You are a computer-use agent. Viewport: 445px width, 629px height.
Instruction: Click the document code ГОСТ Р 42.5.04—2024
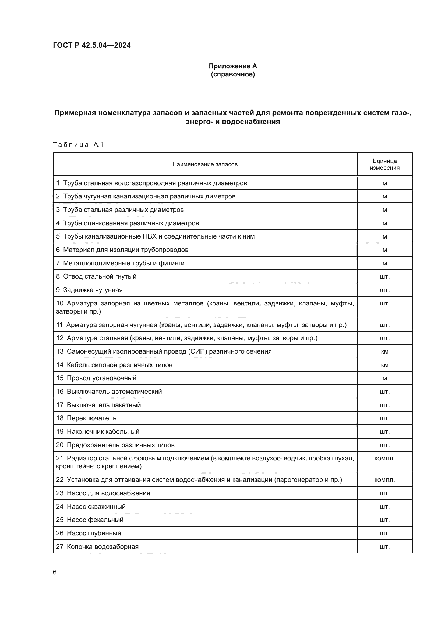click(x=91, y=45)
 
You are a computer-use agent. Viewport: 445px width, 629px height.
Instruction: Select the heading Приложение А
click(x=233, y=66)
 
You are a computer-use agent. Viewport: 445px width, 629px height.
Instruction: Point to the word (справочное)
click(x=233, y=74)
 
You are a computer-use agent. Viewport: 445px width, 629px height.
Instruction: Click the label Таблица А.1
click(x=78, y=145)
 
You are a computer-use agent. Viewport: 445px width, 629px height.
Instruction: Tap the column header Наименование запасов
click(x=205, y=164)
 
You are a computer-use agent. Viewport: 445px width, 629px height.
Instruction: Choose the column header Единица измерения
click(x=384, y=164)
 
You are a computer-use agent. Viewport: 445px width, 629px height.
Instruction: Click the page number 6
click(x=55, y=572)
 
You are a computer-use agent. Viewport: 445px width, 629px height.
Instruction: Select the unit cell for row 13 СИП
click(x=384, y=351)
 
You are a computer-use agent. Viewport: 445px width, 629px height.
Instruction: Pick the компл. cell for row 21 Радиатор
click(x=384, y=458)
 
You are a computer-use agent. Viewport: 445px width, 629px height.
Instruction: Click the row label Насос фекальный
click(x=95, y=520)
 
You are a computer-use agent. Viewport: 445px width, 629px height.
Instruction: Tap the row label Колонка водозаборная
click(x=103, y=547)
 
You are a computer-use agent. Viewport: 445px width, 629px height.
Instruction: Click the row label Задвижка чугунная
click(x=93, y=290)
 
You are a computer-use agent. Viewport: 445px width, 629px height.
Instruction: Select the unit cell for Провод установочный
click(x=384, y=378)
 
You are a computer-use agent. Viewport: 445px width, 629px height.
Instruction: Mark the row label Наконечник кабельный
click(x=103, y=432)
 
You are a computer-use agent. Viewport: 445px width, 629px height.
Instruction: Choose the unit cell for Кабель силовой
click(x=384, y=365)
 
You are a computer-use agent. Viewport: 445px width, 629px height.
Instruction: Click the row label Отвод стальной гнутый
click(x=100, y=276)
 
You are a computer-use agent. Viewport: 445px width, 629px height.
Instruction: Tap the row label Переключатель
click(x=91, y=418)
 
